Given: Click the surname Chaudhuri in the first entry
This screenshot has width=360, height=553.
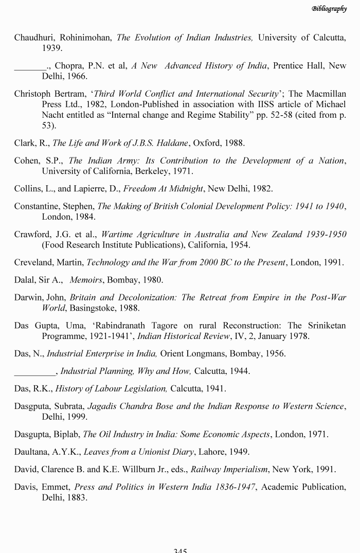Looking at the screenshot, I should click(x=34, y=38).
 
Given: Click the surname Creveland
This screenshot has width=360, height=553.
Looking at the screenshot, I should click(x=34, y=262).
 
